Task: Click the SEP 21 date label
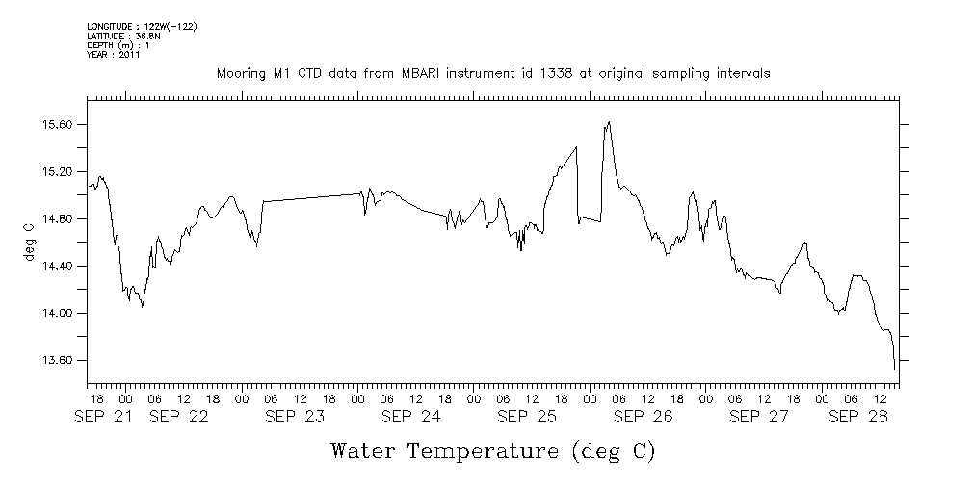(109, 417)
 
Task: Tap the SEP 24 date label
(410, 417)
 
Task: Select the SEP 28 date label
(858, 417)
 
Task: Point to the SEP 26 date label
(643, 417)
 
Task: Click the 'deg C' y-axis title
(28, 242)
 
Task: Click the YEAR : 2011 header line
(114, 55)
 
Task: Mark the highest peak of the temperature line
(609, 122)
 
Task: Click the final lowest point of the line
(895, 370)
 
